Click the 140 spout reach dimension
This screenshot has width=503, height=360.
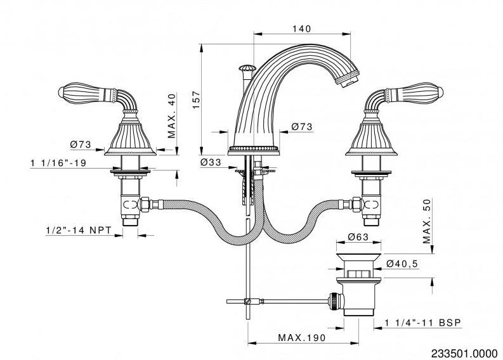point(301,29)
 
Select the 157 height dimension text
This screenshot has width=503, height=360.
point(197,100)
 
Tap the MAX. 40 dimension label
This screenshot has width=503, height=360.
point(172,116)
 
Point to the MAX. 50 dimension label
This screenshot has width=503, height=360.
point(427,221)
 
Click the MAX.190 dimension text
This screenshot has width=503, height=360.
point(301,338)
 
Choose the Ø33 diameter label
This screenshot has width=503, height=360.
point(211,162)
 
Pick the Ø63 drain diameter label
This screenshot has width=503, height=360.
point(358,237)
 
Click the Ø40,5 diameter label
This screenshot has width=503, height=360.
point(402,264)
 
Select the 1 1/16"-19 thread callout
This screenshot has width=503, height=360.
point(58,163)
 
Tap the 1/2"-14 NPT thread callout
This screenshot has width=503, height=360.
point(79,230)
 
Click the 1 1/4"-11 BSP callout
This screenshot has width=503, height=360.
point(423,323)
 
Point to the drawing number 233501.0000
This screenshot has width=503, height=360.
point(464,353)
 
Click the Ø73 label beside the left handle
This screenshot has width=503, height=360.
point(81,145)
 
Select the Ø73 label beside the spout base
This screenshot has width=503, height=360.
point(302,127)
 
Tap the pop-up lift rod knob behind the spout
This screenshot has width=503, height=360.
point(247,68)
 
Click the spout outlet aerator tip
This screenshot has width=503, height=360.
point(347,79)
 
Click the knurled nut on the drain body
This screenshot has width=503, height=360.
point(334,301)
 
